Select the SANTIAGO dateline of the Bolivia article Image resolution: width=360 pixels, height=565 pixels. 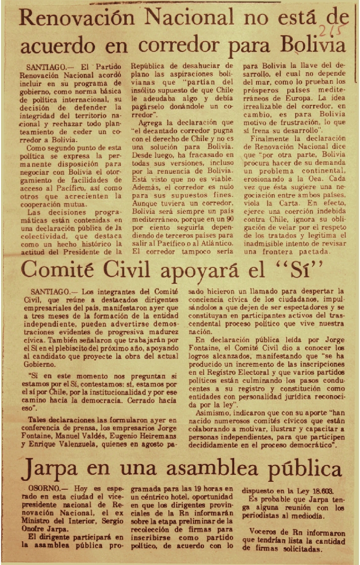click(x=47, y=66)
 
